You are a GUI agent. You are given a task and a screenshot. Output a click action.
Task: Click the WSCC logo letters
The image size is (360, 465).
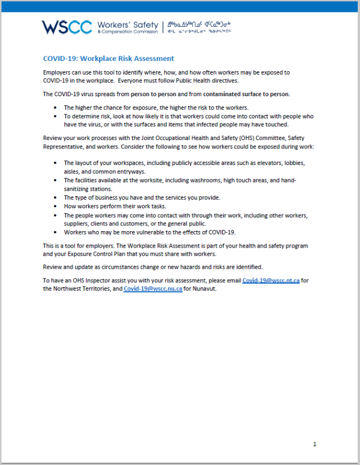point(67,27)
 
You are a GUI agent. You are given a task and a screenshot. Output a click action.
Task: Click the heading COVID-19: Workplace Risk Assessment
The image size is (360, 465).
point(108,59)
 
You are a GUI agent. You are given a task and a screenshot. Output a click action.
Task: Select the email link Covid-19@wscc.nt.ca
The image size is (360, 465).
point(271,281)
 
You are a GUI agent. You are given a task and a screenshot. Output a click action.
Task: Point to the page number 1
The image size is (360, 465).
point(314,444)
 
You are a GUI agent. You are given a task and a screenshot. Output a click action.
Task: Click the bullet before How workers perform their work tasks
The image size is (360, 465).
point(55,206)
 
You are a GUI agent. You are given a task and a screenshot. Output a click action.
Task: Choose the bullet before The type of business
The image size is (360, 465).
point(55,197)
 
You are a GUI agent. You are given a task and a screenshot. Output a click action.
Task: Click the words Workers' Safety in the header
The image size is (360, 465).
point(127,25)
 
